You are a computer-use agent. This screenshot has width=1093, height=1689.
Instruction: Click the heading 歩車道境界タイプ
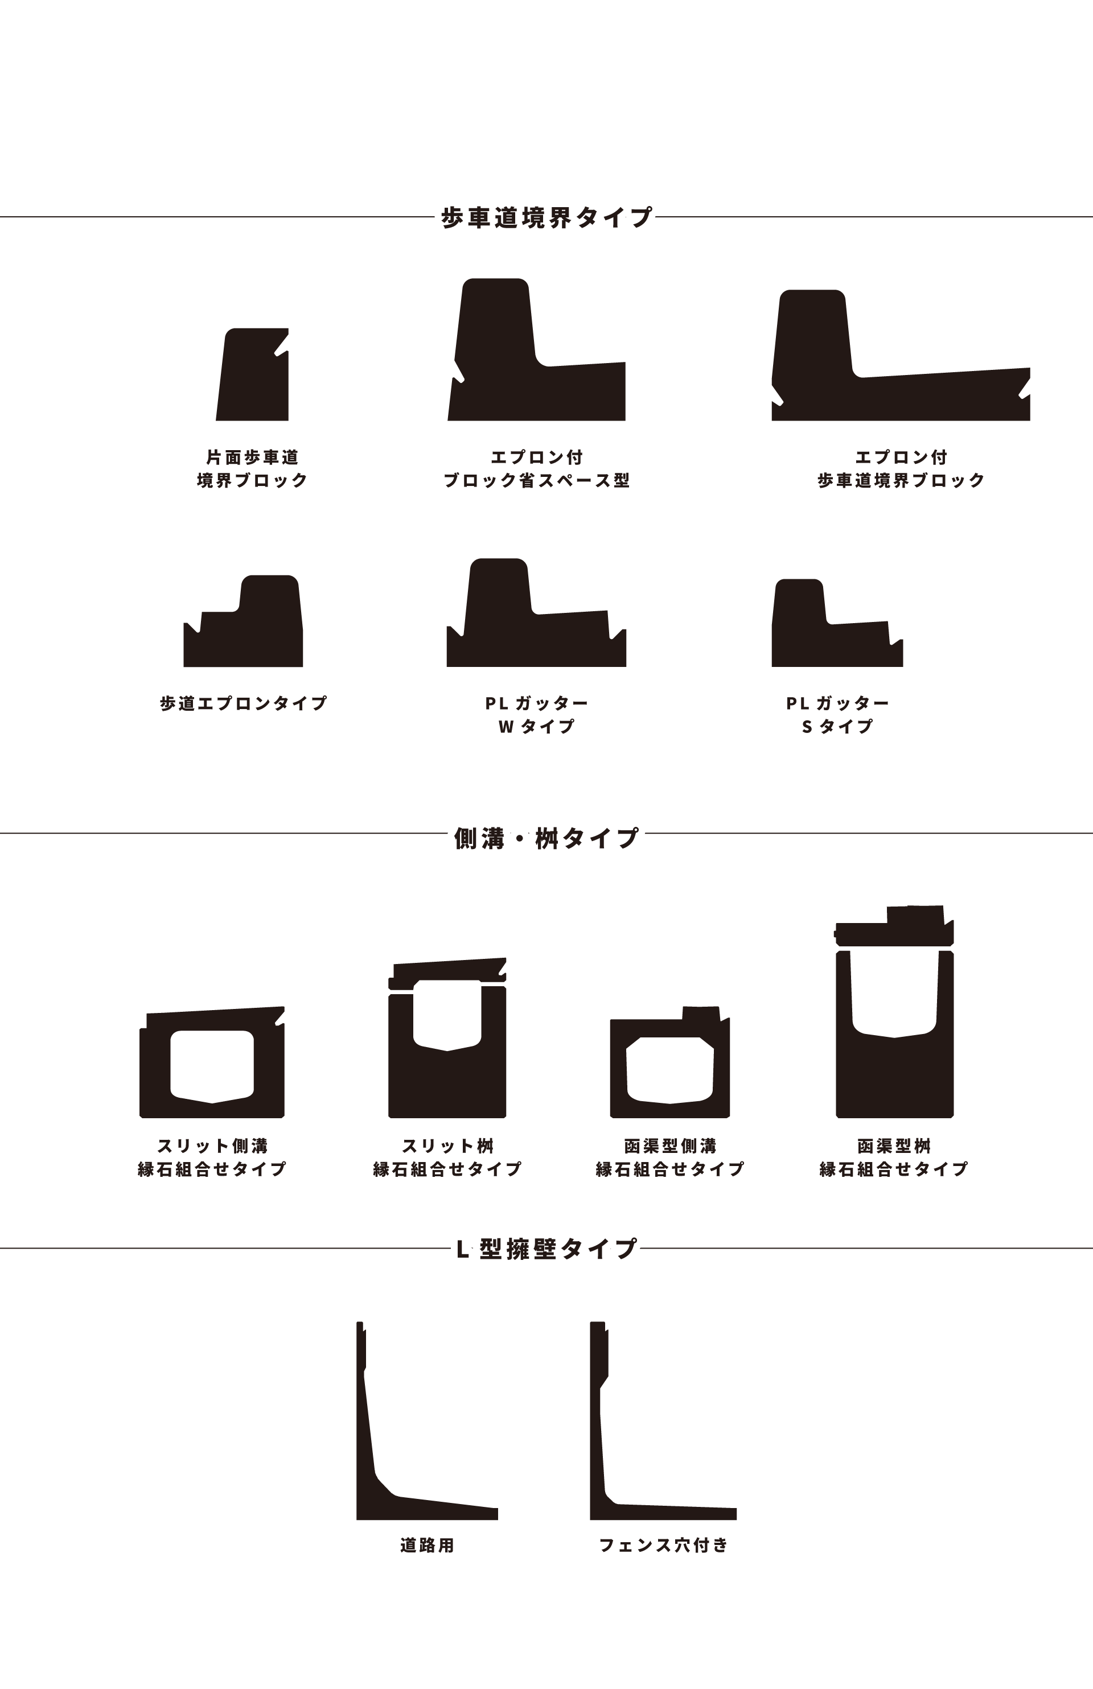tap(546, 217)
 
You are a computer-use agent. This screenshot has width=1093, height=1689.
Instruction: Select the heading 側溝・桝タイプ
tap(546, 838)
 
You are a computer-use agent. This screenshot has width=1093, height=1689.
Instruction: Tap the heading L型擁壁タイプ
tap(546, 1248)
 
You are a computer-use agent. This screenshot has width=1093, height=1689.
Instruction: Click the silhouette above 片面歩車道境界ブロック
tap(253, 376)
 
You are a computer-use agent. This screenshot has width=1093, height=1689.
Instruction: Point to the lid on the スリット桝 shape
tap(447, 972)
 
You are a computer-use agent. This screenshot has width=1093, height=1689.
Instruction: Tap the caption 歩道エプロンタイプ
tap(244, 703)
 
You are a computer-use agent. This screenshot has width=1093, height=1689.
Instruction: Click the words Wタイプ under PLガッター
tap(537, 726)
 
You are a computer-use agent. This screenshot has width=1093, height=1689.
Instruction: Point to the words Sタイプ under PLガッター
tap(837, 726)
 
